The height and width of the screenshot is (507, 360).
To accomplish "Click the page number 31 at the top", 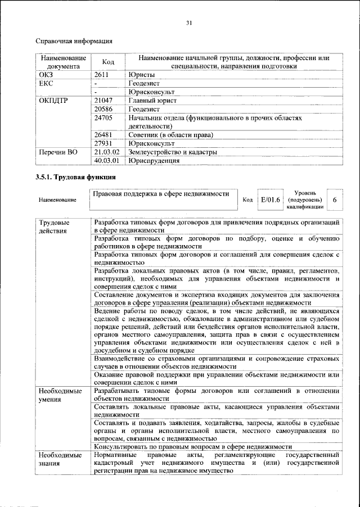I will coord(189,22).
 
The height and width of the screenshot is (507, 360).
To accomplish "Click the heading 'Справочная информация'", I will coord(74,41).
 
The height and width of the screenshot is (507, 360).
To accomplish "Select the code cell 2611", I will coord(102,74).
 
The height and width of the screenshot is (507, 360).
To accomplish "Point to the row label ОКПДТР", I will coord(55,101).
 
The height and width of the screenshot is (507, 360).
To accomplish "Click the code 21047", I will coord(104,101).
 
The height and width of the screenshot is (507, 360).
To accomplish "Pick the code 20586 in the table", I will coord(104,110).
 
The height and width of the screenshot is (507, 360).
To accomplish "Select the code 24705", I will coord(104,119).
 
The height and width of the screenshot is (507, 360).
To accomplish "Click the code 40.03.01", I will coord(107,161).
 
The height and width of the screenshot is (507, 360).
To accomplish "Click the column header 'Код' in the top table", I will coord(108,62).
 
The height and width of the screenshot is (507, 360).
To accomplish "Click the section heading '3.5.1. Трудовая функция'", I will coord(71,178).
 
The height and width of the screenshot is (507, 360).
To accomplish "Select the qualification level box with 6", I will coord(335,200).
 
